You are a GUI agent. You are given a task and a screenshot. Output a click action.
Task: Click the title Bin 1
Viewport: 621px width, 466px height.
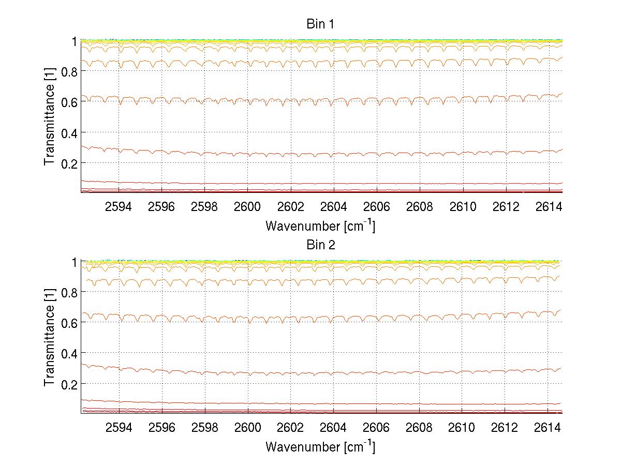point(321,24)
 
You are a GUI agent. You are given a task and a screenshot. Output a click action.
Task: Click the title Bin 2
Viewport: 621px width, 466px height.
point(321,245)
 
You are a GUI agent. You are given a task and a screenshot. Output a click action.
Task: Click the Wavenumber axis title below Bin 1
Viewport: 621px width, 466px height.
point(320,226)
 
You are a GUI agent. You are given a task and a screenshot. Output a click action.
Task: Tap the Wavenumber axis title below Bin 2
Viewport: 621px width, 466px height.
point(320,446)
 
